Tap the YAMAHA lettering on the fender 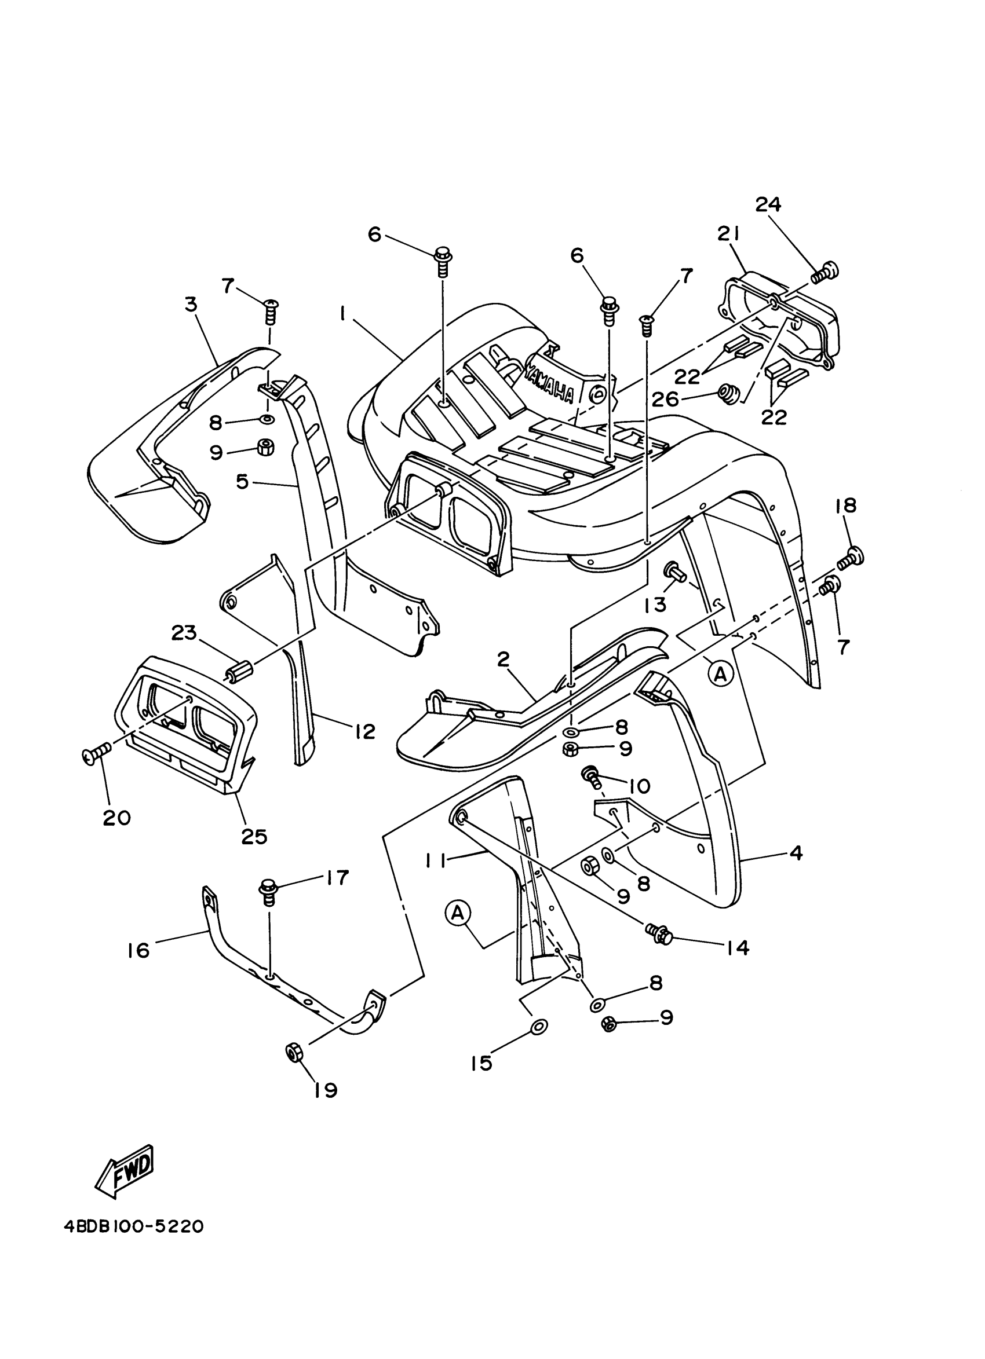coord(549,383)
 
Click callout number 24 coord(768,205)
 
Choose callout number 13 coord(655,605)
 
